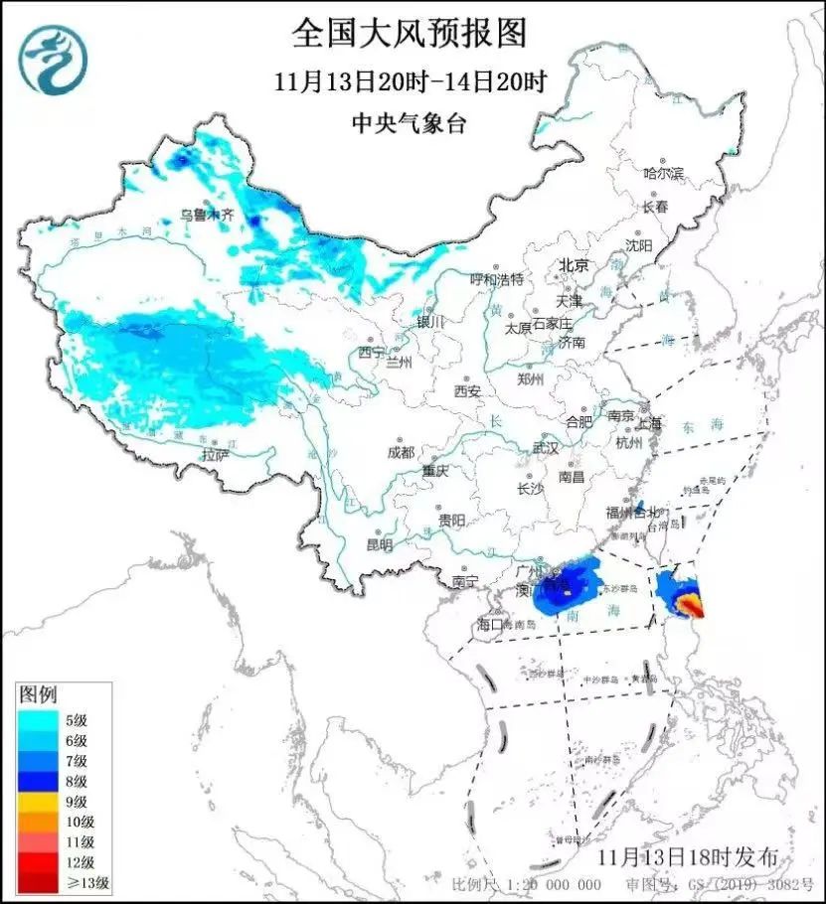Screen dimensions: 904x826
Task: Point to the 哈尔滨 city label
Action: tap(664, 173)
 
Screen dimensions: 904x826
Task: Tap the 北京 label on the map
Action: tap(574, 265)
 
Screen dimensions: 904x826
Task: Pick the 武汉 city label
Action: tap(545, 448)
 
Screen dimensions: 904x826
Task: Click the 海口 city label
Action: tap(491, 625)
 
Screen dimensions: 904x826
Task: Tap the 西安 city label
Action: tap(467, 391)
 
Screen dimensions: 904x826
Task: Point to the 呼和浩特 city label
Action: tap(495, 280)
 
